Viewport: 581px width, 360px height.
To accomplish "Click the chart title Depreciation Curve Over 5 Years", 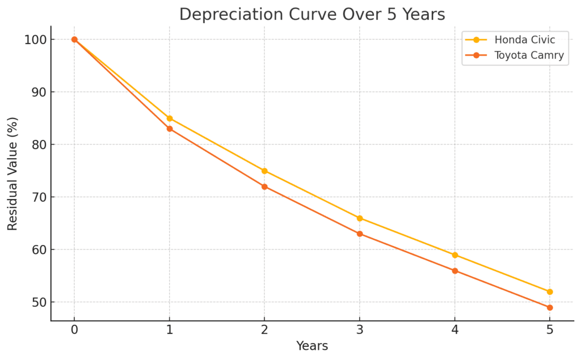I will tap(312, 14).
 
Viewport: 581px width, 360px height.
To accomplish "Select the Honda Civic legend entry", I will tap(524, 40).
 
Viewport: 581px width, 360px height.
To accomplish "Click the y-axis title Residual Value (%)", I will tap(12, 173).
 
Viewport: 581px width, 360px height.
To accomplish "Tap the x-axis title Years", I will tap(312, 346).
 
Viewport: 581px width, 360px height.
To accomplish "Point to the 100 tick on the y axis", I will tap(35, 40).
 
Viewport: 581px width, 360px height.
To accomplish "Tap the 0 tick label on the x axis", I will tap(74, 331).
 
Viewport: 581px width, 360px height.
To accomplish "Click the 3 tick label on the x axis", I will tap(360, 331).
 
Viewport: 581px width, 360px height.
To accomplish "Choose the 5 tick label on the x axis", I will tap(550, 331).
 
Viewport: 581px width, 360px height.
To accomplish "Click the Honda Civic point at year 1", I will tap(170, 118).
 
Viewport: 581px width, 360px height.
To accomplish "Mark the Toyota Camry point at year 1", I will tap(170, 129).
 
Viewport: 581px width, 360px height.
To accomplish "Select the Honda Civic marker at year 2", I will tap(264, 171).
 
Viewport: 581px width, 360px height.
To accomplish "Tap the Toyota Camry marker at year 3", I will tap(360, 234).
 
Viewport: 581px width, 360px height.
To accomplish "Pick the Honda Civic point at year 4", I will tap(455, 255).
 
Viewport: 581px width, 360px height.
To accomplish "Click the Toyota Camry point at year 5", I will tap(550, 307).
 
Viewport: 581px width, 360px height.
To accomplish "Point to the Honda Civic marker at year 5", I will tap(550, 292).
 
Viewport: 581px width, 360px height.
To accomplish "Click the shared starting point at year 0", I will tap(74, 40).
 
